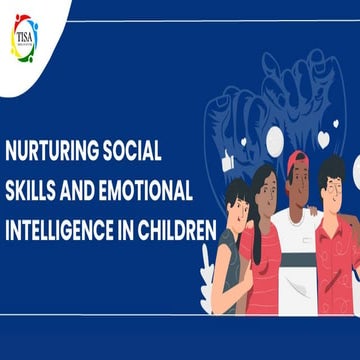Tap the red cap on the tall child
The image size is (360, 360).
coord(297,159)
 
